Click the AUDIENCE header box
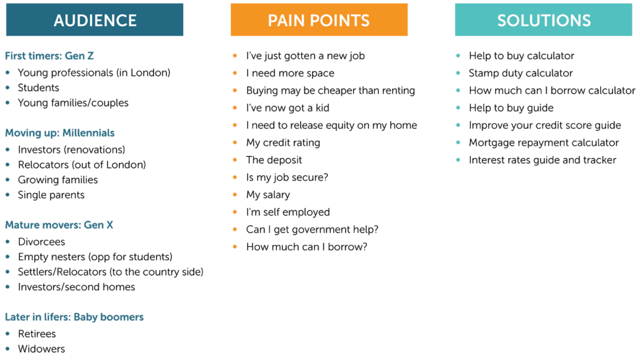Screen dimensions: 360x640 tap(95, 20)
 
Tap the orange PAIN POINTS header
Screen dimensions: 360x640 tap(319, 20)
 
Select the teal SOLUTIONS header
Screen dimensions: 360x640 tap(543, 20)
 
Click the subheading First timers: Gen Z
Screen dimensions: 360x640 tap(49, 56)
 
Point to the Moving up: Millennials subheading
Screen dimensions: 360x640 tap(60, 133)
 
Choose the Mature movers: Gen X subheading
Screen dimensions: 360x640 tap(59, 225)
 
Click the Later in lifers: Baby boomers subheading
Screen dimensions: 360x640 tap(74, 317)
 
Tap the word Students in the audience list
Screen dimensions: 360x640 tap(38, 88)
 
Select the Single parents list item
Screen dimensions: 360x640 tap(51, 195)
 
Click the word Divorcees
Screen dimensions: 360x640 tap(42, 242)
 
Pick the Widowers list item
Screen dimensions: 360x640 tap(42, 349)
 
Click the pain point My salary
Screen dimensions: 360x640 tap(268, 195)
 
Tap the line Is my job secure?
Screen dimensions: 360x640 tap(287, 177)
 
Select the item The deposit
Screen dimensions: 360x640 tap(274, 160)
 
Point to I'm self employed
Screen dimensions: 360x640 tap(288, 212)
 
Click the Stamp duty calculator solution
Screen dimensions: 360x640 tap(521, 73)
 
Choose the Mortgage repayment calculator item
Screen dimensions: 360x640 tap(544, 143)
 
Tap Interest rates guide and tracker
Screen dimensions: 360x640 tap(542, 160)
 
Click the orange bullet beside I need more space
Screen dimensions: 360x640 tap(235, 73)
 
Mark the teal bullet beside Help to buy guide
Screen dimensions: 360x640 tap(458, 108)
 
